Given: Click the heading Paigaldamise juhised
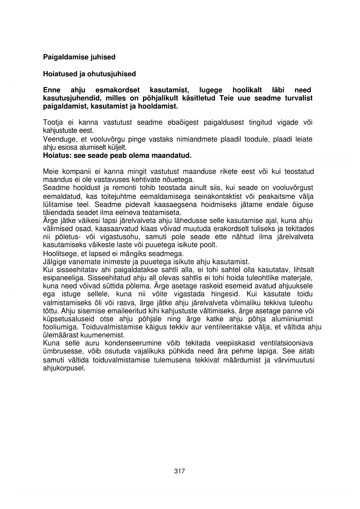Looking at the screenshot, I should click(79, 57).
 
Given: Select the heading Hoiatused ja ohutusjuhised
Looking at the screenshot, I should click(89, 74).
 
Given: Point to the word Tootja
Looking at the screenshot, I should click(51, 122).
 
